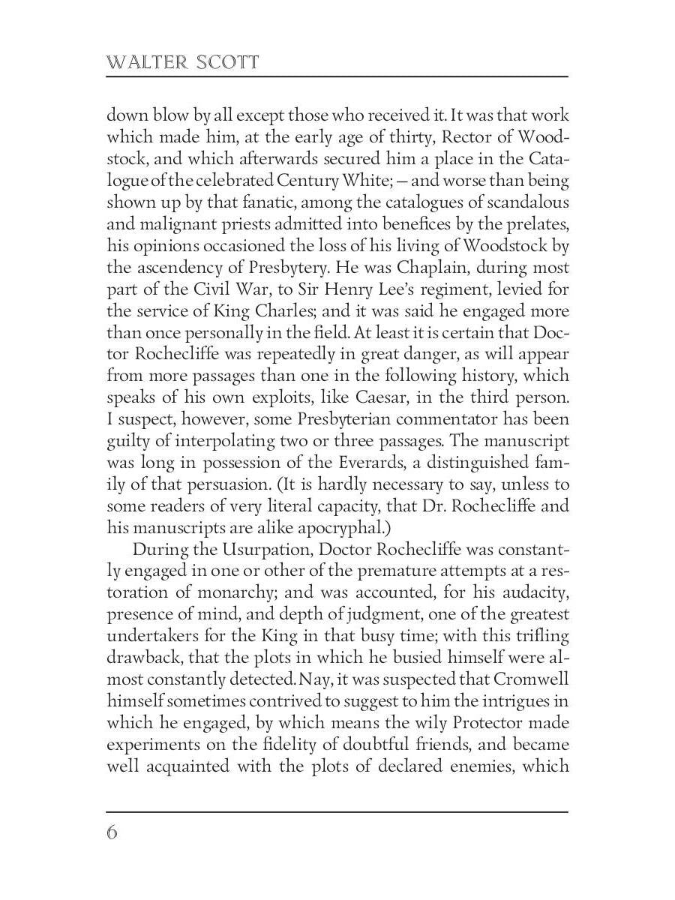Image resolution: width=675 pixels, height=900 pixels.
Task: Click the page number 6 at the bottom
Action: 112,832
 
